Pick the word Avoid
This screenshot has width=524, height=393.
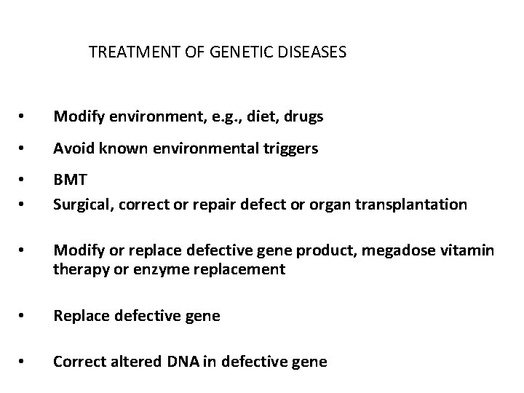(71, 149)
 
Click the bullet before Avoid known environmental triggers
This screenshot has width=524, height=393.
(25, 150)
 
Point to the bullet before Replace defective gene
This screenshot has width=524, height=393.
(25, 317)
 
